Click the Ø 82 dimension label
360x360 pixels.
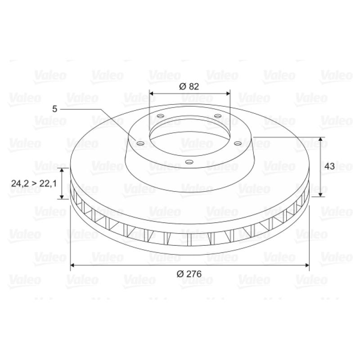189,86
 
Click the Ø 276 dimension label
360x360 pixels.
189,274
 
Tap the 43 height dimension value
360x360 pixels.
329,166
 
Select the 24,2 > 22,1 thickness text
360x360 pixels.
34,184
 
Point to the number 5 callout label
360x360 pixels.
54,109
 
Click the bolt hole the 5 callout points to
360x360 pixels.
140,144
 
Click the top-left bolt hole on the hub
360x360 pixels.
161,116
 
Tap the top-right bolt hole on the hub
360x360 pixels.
218,116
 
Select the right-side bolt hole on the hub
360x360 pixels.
238,144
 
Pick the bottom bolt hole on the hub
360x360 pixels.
189,162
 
